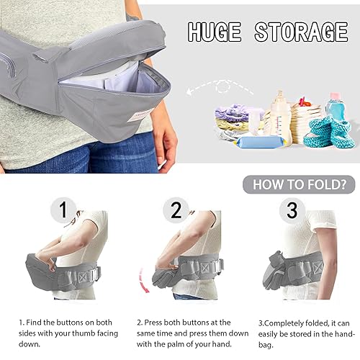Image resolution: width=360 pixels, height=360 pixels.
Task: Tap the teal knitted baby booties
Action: coord(328,131)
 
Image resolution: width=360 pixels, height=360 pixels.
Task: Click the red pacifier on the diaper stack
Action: coord(305,102)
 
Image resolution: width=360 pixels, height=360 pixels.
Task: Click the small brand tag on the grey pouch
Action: coord(138,116)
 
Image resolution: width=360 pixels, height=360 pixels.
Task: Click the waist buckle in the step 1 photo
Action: coord(91,274)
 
